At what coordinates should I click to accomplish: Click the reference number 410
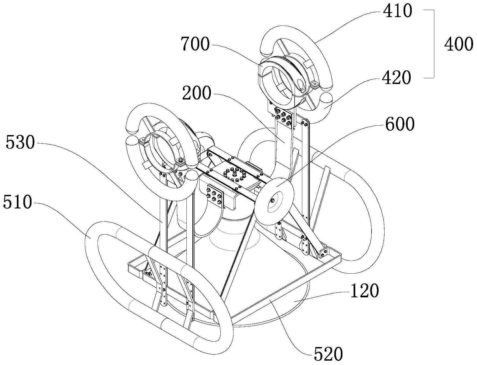point(397,11)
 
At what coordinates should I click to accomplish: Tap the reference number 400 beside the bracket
point(458,44)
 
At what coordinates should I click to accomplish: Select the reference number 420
point(396,78)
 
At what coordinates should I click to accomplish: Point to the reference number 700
point(195,44)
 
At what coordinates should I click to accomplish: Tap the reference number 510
point(17,202)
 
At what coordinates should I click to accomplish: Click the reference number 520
point(328,354)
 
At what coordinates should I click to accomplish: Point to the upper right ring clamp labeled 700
point(283,82)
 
